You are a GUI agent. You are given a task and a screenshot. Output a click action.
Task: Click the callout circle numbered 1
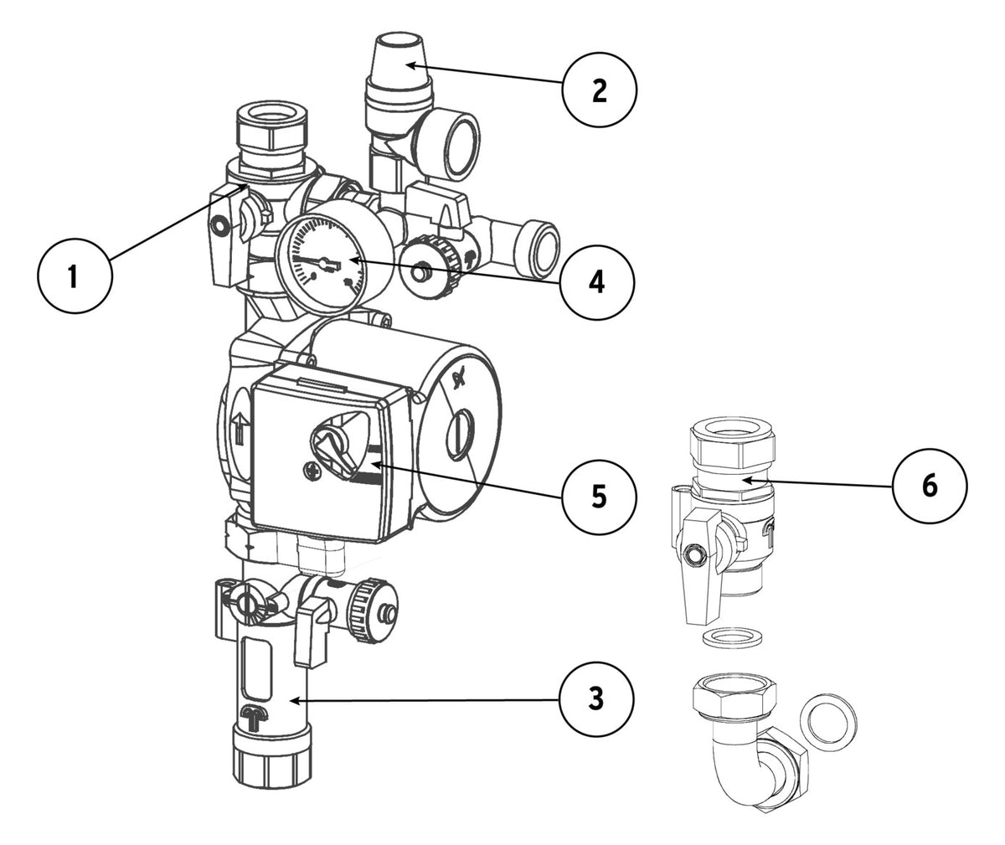click(75, 276)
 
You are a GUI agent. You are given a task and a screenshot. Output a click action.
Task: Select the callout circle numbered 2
click(600, 90)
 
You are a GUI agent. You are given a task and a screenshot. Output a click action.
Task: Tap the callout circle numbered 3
click(596, 698)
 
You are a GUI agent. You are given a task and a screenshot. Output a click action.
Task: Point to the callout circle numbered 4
click(597, 282)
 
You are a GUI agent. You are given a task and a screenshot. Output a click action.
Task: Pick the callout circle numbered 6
click(930, 486)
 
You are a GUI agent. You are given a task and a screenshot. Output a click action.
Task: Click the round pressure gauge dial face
click(322, 264)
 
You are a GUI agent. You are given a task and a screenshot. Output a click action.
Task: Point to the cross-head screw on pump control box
click(311, 471)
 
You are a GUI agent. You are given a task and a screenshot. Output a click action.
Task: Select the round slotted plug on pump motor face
click(460, 435)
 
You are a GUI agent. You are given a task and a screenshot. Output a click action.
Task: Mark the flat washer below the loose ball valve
click(732, 637)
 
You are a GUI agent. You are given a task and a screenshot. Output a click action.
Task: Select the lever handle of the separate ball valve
click(700, 568)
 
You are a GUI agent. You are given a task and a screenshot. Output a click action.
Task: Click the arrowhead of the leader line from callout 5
click(374, 464)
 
